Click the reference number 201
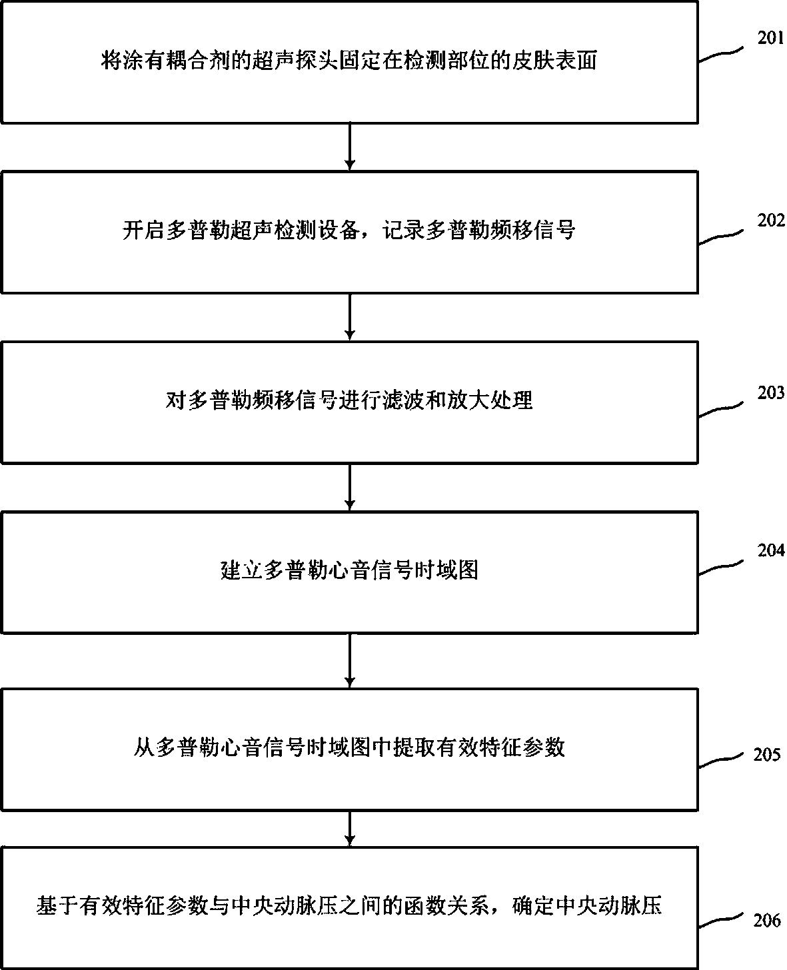tap(771, 38)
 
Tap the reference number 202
tap(771, 221)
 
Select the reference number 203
tap(771, 393)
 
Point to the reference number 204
tap(771, 551)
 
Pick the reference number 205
tap(766, 755)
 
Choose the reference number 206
tap(766, 921)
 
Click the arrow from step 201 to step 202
tap(350, 147)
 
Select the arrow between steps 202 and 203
tap(350, 317)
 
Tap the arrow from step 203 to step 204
tap(350, 487)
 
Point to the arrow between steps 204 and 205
tap(350, 660)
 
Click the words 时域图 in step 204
tap(446, 571)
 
